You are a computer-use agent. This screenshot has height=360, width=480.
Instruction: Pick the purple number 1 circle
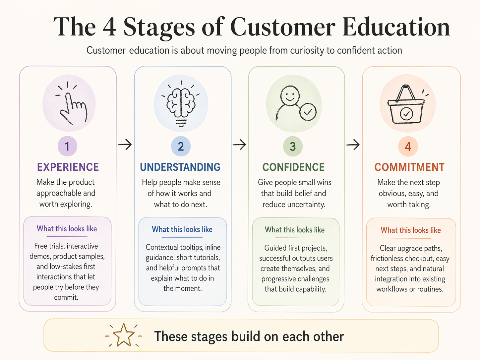(x=67, y=146)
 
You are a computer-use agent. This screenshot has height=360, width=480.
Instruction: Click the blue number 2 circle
(x=181, y=147)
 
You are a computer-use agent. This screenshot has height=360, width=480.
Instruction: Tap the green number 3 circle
(x=293, y=147)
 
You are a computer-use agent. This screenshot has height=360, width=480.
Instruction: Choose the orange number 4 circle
(x=408, y=147)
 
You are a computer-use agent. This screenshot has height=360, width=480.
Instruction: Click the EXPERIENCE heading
(x=68, y=167)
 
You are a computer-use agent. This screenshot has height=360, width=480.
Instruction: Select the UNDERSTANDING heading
(x=180, y=167)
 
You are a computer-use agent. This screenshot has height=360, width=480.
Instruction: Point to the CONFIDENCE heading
(x=293, y=167)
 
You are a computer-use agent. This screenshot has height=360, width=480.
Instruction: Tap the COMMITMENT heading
(x=409, y=167)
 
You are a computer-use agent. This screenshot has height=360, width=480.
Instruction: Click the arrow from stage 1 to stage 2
(x=125, y=145)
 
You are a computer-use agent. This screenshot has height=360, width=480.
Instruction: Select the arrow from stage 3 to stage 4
(x=353, y=145)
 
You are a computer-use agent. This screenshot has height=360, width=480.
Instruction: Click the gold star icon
(x=123, y=335)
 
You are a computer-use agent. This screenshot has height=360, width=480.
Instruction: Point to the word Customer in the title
(x=282, y=27)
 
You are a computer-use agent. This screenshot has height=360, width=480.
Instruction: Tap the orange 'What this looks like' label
(x=411, y=230)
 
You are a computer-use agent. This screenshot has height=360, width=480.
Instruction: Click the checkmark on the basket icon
(x=406, y=114)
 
